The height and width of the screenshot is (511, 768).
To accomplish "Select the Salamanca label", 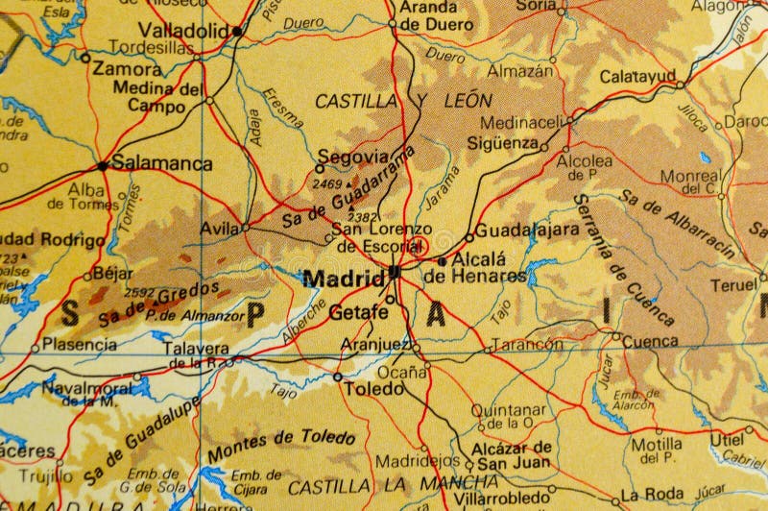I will [x=162, y=163].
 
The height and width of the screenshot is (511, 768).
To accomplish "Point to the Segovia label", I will [x=352, y=157].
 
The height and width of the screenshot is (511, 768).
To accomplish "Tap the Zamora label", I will [x=128, y=69].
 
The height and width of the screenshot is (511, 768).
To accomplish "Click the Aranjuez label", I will [x=377, y=344].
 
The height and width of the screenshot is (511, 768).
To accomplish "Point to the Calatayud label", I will [x=637, y=76].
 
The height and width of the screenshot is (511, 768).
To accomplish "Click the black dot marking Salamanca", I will [x=102, y=164].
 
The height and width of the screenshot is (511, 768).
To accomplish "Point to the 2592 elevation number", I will [x=139, y=293].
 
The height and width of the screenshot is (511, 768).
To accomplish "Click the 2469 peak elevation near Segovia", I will [x=327, y=183].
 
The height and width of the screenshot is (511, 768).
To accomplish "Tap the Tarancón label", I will [x=527, y=344].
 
